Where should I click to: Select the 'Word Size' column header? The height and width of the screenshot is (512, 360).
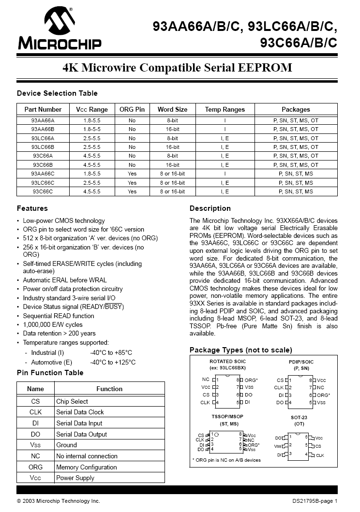point(172,109)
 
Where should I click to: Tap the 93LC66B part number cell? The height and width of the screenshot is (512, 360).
point(43,147)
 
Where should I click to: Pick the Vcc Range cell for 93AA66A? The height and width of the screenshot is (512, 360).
point(92,120)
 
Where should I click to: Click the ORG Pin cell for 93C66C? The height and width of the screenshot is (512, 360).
point(132,192)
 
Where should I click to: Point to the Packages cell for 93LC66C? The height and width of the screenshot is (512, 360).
point(296,183)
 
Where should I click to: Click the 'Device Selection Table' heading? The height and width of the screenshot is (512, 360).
point(57,93)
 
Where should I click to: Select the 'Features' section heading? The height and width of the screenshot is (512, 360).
point(32,208)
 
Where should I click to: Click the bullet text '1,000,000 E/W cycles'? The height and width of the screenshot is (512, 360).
point(53,324)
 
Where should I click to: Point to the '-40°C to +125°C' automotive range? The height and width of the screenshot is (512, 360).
point(113,362)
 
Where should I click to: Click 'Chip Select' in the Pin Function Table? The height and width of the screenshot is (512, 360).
point(72,401)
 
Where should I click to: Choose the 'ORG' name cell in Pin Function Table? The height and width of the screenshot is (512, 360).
point(35,467)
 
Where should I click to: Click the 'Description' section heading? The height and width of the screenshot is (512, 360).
point(210,208)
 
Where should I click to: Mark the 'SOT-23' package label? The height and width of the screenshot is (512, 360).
point(299,417)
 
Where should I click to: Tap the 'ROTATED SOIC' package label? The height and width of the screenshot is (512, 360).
point(227,362)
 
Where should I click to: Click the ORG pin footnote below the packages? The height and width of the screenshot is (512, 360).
point(226,460)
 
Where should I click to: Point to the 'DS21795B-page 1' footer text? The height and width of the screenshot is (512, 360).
point(315,501)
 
